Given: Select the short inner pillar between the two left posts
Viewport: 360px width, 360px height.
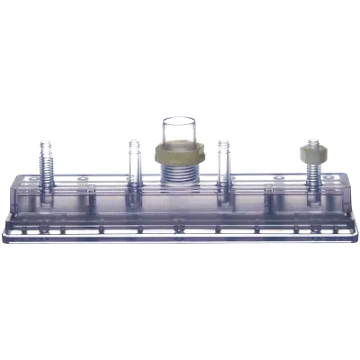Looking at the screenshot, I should (x=90, y=198).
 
